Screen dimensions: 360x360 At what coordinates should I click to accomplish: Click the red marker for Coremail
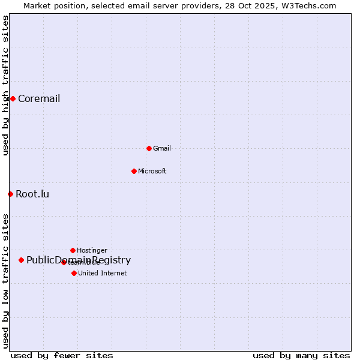[x=13, y=98]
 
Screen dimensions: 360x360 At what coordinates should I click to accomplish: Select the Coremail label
[x=39, y=99]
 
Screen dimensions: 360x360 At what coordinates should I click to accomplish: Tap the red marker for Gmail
[x=149, y=148]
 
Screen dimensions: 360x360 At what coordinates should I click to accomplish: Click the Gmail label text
[x=162, y=149]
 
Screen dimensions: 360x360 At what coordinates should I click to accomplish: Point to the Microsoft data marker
[x=134, y=171]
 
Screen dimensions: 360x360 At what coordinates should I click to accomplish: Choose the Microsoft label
[x=152, y=172]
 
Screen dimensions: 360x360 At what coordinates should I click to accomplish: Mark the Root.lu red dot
[x=10, y=194]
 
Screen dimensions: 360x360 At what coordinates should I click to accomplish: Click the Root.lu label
[x=32, y=194]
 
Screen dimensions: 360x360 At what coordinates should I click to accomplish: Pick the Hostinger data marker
[x=73, y=250]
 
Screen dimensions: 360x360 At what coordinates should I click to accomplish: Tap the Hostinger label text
[x=92, y=251]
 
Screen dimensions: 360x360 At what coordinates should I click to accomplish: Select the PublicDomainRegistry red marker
[x=21, y=260]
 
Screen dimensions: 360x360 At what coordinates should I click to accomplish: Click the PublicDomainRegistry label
[x=79, y=260]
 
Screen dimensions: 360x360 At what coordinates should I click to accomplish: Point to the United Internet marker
[x=74, y=273]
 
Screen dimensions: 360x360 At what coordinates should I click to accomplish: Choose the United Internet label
[x=103, y=274]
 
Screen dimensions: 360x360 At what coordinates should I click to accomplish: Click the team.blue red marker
[x=64, y=262]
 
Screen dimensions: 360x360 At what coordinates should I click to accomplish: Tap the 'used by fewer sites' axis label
[x=62, y=356]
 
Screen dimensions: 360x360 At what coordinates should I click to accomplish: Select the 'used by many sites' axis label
[x=301, y=356]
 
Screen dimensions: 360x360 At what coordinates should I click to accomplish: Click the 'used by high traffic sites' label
[x=5, y=85]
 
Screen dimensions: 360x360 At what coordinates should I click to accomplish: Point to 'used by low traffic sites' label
[x=5, y=281]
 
